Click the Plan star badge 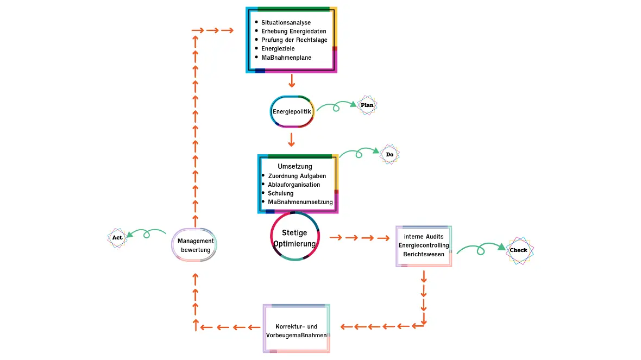[367, 105]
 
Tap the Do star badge [389, 155]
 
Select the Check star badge [519, 250]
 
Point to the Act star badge [117, 237]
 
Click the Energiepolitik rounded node [292, 112]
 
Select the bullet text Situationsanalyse [286, 23]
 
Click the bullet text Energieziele [278, 49]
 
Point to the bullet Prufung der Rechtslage [294, 40]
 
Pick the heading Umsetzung [295, 166]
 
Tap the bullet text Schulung [280, 193]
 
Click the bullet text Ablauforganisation [294, 185]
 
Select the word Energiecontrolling [424, 245]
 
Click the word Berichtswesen [424, 254]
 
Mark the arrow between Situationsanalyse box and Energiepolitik [292, 81]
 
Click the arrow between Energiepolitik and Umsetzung [292, 140]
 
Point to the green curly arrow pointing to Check [481, 249]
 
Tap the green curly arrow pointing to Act [146, 233]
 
